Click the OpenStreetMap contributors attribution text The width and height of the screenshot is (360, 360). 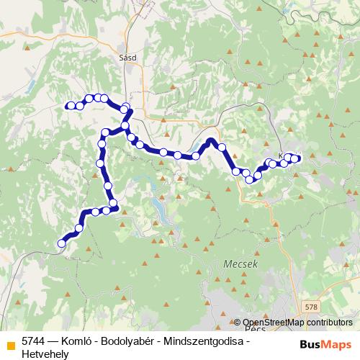(x=297, y=323)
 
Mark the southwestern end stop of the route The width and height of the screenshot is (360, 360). (x=61, y=243)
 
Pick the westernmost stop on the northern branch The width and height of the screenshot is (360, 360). (x=70, y=107)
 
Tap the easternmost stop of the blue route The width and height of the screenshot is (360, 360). (x=295, y=158)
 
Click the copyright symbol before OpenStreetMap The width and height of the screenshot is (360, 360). (x=238, y=323)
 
